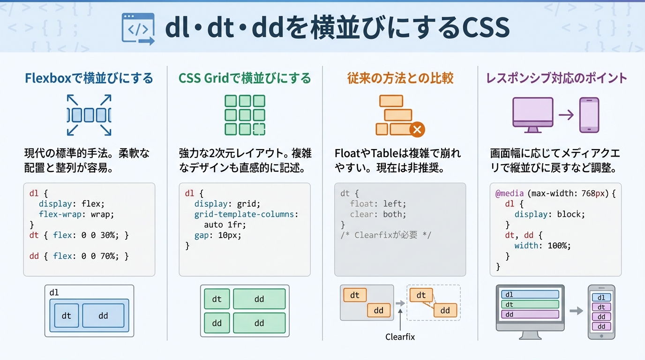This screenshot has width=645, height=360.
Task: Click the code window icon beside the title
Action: pos(137,29)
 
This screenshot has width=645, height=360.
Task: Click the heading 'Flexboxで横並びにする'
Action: pos(89,78)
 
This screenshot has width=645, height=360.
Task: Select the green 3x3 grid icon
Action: pos(245,115)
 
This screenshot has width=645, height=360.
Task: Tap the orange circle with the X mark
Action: pos(417,129)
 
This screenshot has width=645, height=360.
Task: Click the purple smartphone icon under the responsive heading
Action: pos(589,115)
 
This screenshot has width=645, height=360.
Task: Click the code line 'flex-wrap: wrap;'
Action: pos(76,214)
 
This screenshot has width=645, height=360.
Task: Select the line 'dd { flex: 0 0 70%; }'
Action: pos(79,256)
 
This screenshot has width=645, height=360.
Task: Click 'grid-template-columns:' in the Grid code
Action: pos(246,214)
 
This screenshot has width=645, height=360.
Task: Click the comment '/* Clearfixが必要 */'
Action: pos(386,235)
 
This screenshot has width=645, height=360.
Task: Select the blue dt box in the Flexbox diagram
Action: pos(67,315)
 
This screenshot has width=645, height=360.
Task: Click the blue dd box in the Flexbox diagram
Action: pos(103,315)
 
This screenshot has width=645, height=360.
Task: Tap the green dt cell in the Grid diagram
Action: pos(217,299)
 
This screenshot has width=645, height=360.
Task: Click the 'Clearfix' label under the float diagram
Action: pos(400,337)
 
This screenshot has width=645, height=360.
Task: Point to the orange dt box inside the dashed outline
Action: pos(421,295)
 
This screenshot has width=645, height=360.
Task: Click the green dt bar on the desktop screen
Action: pos(530,304)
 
